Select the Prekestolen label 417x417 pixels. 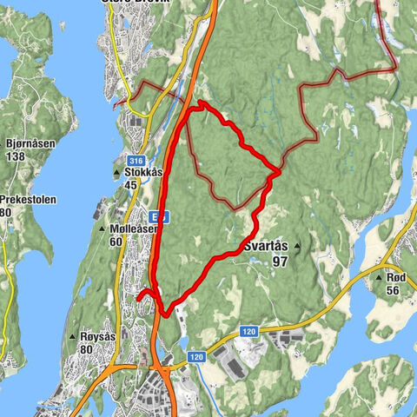pos(28,199)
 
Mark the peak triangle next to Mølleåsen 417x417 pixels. pos(104,228)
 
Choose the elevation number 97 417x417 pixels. pos(278,261)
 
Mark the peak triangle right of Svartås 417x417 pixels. pos(297,247)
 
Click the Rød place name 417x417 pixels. pos(396,277)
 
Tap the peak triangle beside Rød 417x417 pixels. pos(379,277)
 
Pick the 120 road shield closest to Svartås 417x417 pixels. pos(248,331)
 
